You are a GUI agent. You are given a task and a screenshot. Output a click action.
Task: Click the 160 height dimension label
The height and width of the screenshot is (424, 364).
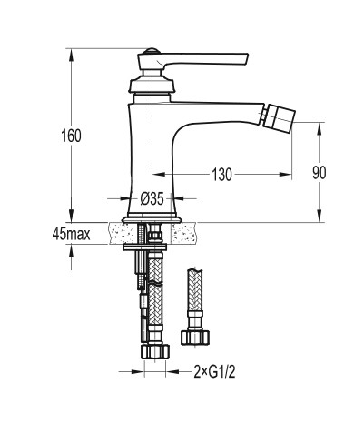(72, 136)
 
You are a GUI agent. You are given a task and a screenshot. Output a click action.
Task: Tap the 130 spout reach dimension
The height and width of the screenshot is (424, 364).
(221, 175)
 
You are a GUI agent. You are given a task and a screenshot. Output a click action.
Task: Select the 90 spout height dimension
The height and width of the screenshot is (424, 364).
(320, 173)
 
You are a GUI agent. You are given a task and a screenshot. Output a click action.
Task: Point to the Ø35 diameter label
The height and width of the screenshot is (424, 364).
(152, 199)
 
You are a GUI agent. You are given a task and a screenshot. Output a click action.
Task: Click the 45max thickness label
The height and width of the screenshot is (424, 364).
(72, 234)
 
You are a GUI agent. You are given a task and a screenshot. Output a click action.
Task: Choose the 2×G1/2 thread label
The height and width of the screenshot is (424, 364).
(214, 372)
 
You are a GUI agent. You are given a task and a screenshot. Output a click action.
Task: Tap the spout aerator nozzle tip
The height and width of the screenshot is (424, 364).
(279, 116)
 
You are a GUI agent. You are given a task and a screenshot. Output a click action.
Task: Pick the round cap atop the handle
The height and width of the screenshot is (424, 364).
(152, 51)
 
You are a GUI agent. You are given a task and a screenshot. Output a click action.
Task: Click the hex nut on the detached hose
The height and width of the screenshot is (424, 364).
(195, 338)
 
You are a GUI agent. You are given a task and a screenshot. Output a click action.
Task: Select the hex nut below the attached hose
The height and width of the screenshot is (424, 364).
(155, 352)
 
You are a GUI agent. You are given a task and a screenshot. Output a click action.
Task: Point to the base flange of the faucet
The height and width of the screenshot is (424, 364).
(152, 219)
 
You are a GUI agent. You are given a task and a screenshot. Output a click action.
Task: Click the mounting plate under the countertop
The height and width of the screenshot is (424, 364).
(144, 247)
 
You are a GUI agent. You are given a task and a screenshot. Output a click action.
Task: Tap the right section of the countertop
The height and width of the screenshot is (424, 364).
(184, 233)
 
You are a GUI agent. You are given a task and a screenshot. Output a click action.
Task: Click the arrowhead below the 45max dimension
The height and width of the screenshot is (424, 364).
(72, 251)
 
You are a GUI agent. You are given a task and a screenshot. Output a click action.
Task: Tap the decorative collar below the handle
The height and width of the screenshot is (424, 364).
(152, 85)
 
